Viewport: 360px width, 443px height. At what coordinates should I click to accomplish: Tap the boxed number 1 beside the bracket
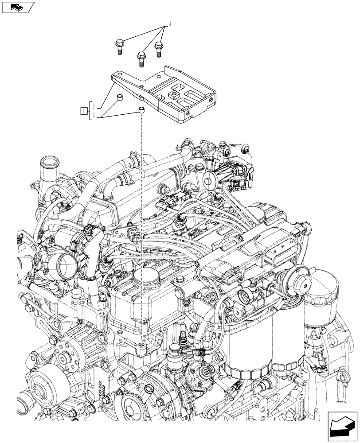83,111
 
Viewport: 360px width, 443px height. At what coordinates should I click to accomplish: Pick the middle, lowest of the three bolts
141,58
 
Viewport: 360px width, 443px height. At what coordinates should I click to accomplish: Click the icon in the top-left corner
18,7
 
